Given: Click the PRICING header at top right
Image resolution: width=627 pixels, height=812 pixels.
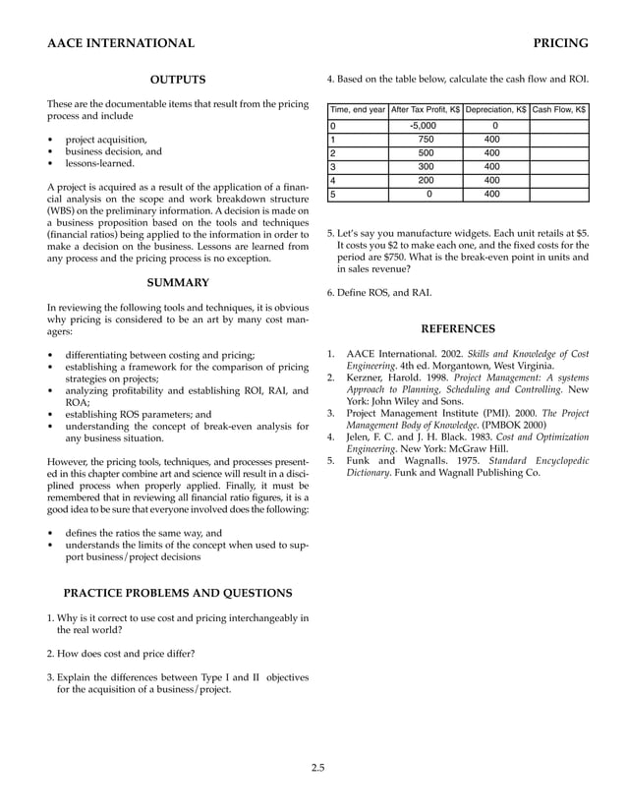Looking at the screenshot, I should click(560, 43).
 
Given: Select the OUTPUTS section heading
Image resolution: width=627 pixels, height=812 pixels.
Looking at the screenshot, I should click(177, 80).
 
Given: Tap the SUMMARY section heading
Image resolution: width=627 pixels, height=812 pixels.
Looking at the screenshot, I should click(177, 283).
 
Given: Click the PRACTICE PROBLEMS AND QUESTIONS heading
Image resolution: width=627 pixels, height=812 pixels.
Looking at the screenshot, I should click(177, 593).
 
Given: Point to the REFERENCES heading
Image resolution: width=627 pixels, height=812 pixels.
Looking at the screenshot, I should click(458, 329).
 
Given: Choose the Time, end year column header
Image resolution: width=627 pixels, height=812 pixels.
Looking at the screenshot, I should click(358, 110).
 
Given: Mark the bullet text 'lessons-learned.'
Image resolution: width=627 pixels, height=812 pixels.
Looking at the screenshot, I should click(99, 164).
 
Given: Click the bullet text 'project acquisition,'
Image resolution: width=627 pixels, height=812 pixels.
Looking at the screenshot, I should click(106, 139).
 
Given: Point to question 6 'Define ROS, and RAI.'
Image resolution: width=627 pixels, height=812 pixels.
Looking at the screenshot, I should click(378, 292).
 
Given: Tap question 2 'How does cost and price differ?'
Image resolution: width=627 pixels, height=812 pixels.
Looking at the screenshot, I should click(122, 653).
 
